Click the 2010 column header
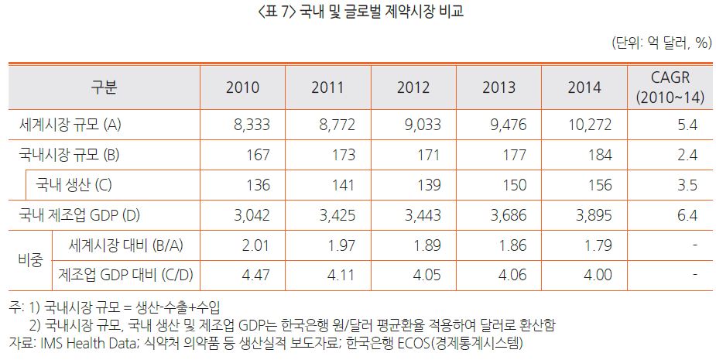pyautogui.click(x=242, y=87)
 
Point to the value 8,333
pyautogui.click(x=252, y=125)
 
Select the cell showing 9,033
pyautogui.click(x=422, y=125)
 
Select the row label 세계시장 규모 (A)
pyautogui.click(x=69, y=125)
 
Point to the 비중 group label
pyautogui.click(x=30, y=260)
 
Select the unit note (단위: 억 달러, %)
pyautogui.click(x=661, y=43)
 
